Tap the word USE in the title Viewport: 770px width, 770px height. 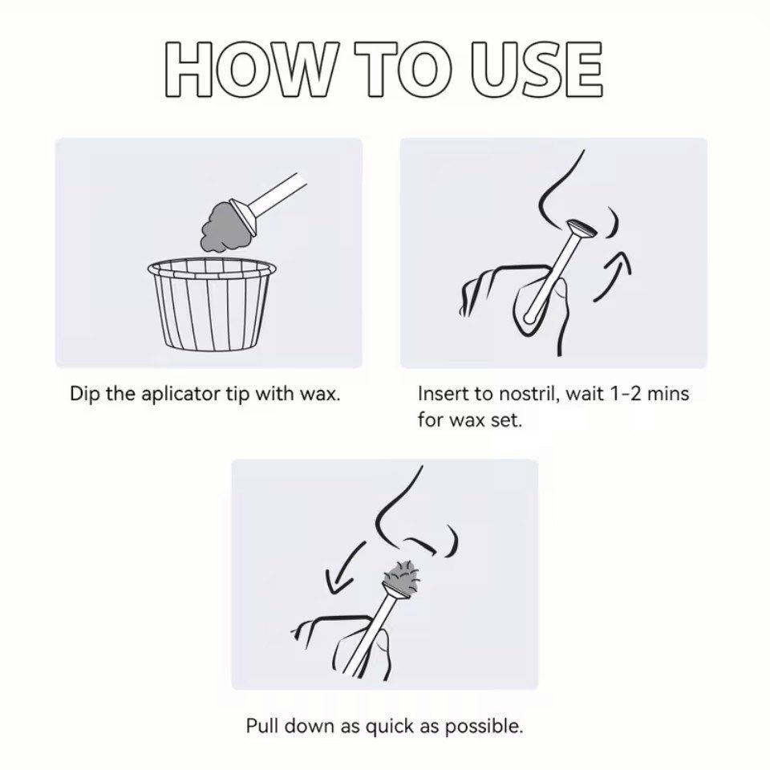[537, 69]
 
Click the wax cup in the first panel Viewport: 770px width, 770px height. [212, 305]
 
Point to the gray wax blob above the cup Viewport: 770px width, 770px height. [221, 228]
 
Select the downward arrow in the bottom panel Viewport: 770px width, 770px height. [344, 567]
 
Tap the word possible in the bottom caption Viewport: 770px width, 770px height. [484, 727]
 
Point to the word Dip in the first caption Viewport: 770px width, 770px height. [84, 395]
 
